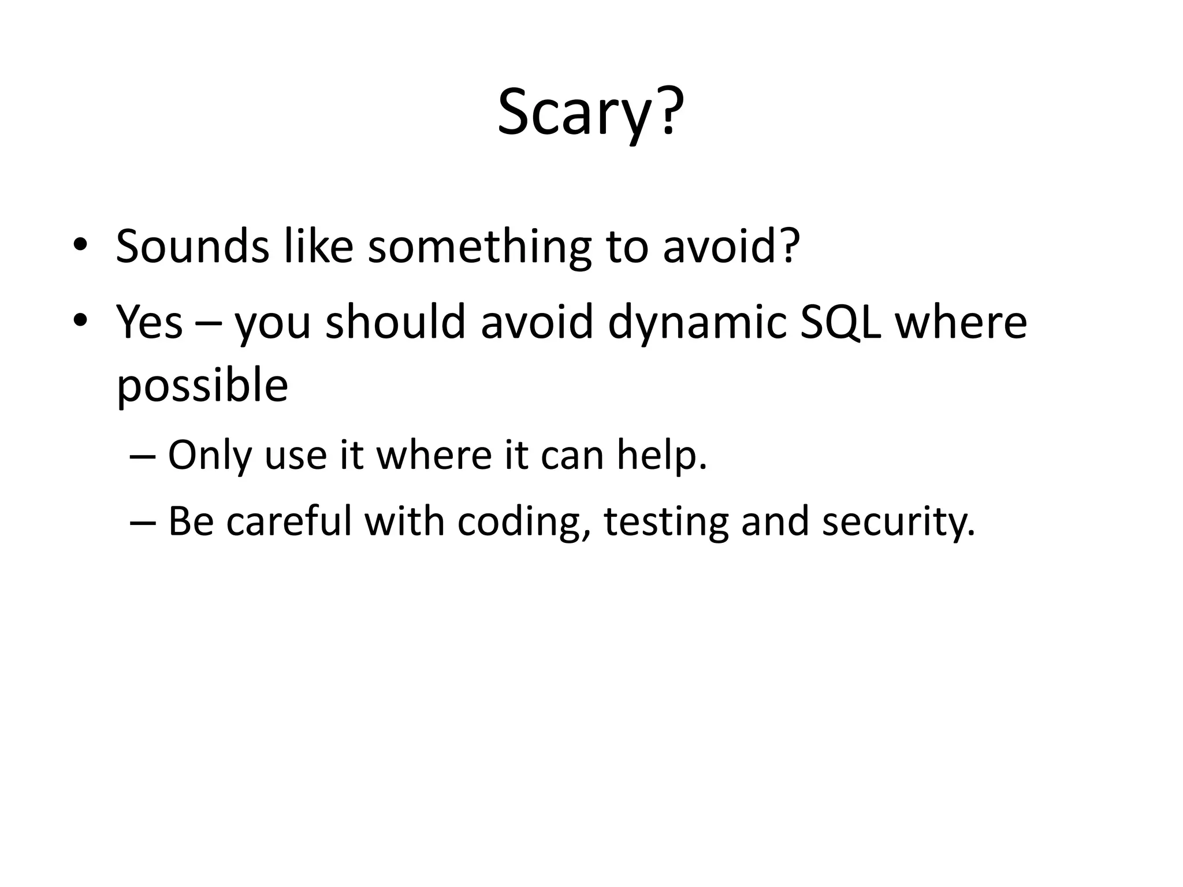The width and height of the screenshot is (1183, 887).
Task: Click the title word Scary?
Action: point(590,113)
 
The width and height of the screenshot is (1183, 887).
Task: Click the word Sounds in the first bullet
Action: point(192,247)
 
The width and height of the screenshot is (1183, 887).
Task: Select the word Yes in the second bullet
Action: point(149,322)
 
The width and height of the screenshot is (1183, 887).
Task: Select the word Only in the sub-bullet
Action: point(210,456)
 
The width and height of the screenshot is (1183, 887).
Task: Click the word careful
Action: point(288,521)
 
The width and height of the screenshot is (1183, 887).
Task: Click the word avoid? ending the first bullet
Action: point(731,247)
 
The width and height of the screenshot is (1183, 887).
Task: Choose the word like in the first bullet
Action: point(318,247)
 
